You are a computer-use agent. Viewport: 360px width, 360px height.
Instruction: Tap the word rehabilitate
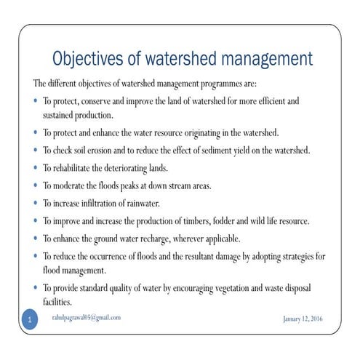[76, 168]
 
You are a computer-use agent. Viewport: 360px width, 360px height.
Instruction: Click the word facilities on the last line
[57, 301]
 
